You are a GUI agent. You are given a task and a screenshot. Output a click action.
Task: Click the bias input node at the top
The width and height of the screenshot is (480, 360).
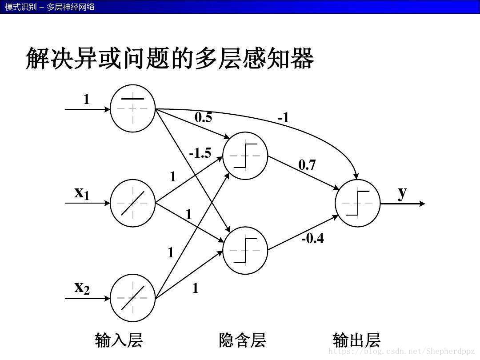click(132, 108)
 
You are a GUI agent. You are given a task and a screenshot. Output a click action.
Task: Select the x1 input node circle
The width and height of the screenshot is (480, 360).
click(132, 203)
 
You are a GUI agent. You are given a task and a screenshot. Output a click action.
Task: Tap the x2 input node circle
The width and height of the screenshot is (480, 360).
click(132, 298)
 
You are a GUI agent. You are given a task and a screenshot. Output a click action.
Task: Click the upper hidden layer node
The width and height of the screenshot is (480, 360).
click(245, 156)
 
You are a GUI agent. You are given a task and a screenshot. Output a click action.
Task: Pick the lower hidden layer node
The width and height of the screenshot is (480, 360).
click(245, 251)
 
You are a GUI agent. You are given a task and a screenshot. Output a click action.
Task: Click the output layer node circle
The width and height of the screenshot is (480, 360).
click(358, 203)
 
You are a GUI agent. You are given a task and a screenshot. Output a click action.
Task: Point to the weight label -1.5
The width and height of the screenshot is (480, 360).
click(200, 153)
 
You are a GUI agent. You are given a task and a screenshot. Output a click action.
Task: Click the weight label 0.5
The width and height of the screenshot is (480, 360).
click(204, 118)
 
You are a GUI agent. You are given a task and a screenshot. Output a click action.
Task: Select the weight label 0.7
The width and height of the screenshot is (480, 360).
click(307, 165)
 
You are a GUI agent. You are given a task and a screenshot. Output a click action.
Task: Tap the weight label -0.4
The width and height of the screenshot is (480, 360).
click(313, 239)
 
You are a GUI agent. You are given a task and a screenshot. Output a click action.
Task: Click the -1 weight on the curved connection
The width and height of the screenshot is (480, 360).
click(284, 118)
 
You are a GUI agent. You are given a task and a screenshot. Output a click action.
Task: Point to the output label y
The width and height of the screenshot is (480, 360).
click(402, 192)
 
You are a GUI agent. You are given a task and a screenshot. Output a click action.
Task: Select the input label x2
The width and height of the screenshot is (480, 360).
click(82, 288)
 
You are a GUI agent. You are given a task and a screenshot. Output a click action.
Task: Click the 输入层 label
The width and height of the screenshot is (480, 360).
click(119, 340)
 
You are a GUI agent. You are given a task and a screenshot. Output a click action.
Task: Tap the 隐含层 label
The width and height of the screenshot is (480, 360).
click(242, 340)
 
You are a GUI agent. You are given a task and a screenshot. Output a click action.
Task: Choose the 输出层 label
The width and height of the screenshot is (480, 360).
click(356, 340)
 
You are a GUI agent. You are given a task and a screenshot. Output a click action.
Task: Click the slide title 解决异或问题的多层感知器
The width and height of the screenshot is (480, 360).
click(170, 58)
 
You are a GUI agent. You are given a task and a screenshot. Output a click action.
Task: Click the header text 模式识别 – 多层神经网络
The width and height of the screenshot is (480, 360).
click(50, 7)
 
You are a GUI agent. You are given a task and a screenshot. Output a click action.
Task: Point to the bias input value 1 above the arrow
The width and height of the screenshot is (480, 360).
click(87, 100)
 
